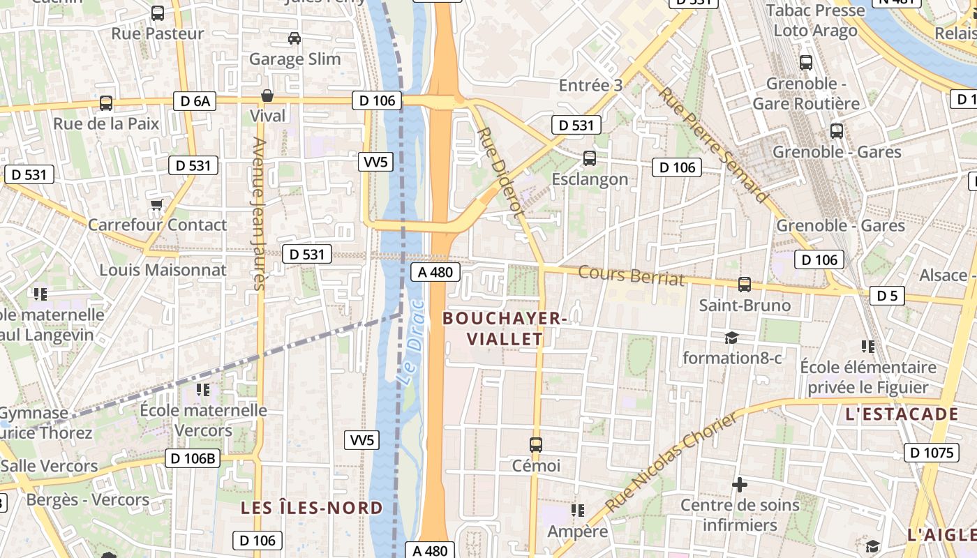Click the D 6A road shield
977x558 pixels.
pos(195,101)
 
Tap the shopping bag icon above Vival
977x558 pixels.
pos(267,96)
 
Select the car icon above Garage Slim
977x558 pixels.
pos(294,38)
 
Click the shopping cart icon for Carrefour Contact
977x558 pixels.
pos(157,204)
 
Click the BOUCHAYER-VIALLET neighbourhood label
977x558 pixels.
pos(504,329)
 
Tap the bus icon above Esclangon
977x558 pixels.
pos(590,158)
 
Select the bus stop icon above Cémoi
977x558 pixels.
pos(536,444)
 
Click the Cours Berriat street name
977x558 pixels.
pos(631,276)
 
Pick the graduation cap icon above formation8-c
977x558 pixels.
pos(731,338)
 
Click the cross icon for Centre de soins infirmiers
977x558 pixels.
pos(740,484)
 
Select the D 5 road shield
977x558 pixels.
pos(887,296)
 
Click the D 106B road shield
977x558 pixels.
pos(193,458)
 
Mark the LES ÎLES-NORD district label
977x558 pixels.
pos(312,507)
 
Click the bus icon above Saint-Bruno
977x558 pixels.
pos(745,285)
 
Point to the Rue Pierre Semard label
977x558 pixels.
pos(713,145)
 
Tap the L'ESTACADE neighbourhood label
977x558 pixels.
pos(902,414)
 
